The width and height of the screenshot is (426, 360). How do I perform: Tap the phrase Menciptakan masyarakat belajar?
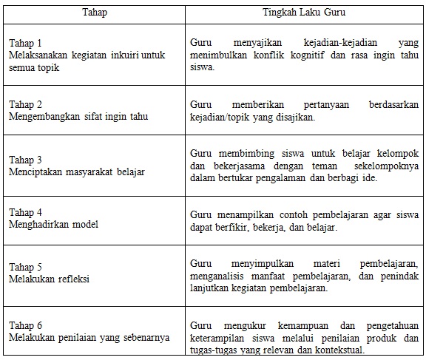tap(76, 171)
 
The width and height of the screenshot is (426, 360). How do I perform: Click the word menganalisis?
tap(219, 276)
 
